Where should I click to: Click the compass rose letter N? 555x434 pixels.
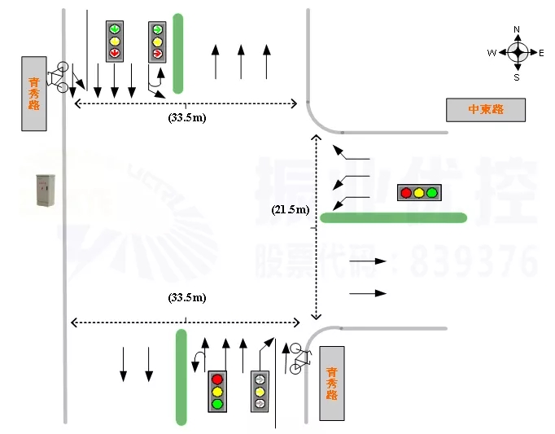pyautogui.click(x=517, y=30)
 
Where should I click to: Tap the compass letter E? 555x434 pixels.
pyautogui.click(x=541, y=53)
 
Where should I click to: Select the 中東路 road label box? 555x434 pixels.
pyautogui.click(x=486, y=109)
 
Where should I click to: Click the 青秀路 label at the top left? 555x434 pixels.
pyautogui.click(x=33, y=93)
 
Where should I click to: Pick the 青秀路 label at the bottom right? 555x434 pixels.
pyautogui.click(x=331, y=383)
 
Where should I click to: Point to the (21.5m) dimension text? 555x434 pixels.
pyautogui.click(x=291, y=210)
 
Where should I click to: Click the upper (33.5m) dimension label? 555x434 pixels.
pyautogui.click(x=186, y=117)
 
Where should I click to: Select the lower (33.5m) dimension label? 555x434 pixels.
pyautogui.click(x=186, y=297)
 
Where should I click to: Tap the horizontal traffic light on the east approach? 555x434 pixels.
pyautogui.click(x=418, y=193)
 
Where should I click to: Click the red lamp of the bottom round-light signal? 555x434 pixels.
pyautogui.click(x=217, y=379)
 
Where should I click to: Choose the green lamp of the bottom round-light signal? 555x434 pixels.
pyautogui.click(x=217, y=403)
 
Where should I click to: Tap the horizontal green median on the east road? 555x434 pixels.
pyautogui.click(x=394, y=217)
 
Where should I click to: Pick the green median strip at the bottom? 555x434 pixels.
pyautogui.click(x=181, y=376)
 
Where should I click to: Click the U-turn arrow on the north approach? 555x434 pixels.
pyautogui.click(x=152, y=82)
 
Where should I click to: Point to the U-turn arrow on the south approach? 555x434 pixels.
pyautogui.click(x=197, y=361)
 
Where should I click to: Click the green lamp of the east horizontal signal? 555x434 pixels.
pyautogui.click(x=431, y=193)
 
